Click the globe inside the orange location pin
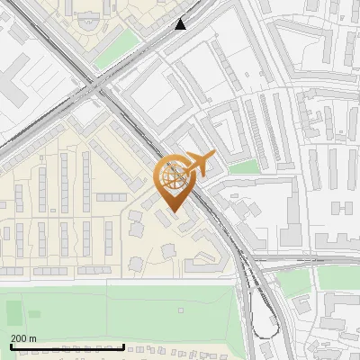point(171,177)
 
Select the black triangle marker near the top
point(181,23)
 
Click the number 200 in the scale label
point(19,339)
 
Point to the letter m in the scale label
point(33,339)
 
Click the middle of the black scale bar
point(67,346)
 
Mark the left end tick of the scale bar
point(11,346)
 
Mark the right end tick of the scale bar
point(124,346)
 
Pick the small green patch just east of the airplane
point(242,166)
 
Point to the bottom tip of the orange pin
point(171,211)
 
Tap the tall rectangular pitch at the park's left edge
point(13,313)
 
